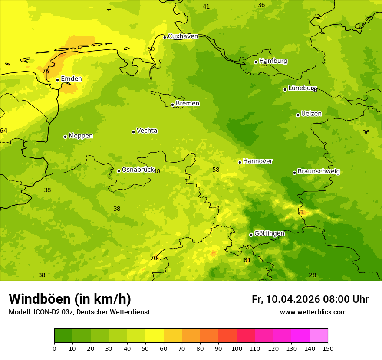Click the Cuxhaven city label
click(x=183, y=36)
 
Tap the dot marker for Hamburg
click(x=256, y=62)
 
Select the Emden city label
click(x=71, y=79)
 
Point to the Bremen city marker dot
click(x=172, y=105)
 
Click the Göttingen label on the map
click(x=269, y=234)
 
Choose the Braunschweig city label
click(x=319, y=172)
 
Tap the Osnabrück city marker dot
click(x=119, y=171)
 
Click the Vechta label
click(x=147, y=131)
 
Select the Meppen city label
click(x=81, y=136)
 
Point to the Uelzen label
click(x=311, y=114)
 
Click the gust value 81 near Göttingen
click(x=247, y=260)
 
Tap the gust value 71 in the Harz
click(x=301, y=212)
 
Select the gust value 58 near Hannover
click(x=216, y=170)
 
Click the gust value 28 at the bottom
click(x=312, y=275)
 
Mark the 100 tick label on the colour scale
click(x=237, y=348)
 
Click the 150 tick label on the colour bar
click(x=328, y=348)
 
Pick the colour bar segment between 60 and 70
click(x=173, y=336)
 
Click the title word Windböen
click(x=40, y=299)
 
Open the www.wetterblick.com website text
click(x=313, y=312)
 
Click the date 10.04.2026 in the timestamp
click(x=293, y=299)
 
